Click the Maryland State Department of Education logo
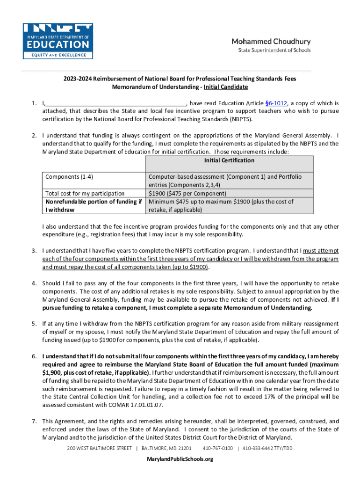[x=58, y=41]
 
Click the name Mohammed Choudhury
[x=271, y=41]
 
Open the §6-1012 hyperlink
[x=276, y=103]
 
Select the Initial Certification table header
[x=229, y=160]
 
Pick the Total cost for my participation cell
[x=85, y=193]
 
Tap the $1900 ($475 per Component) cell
[x=187, y=193]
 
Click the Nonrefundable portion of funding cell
[x=94, y=206]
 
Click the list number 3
[x=34, y=251]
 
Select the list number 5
[x=34, y=324]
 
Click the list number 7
[x=34, y=421]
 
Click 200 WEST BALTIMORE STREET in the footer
[x=100, y=448]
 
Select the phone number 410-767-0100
[x=218, y=448]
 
